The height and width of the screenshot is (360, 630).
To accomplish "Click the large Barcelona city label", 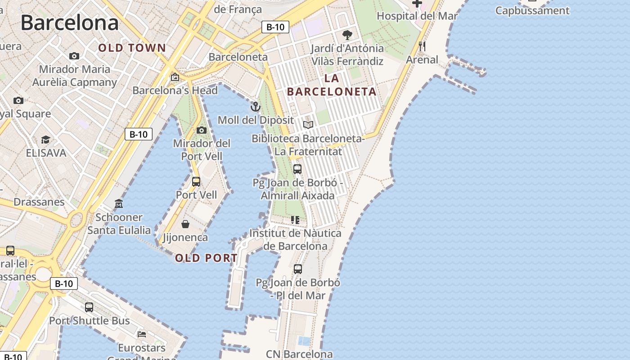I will coord(70,22).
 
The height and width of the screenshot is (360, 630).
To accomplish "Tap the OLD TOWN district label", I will coord(132,48).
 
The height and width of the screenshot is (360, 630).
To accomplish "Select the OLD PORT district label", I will coord(206,258).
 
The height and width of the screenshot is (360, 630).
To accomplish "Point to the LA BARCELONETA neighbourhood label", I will coord(332,85).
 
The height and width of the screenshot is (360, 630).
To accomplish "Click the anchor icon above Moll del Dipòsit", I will coord(256,107).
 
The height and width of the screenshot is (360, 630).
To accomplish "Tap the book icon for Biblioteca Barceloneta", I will coord(308,125).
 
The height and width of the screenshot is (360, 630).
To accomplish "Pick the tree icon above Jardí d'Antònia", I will coord(347,35).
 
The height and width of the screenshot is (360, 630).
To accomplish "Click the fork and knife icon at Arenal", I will coord(422,46).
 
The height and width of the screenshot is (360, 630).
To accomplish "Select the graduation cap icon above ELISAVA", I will coord(45,139).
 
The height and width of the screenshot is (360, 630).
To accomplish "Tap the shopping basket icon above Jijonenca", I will coord(185,224).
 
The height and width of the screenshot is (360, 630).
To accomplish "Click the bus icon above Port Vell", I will coord(196,181).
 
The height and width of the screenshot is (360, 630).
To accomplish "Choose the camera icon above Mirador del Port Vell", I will coord(202,130).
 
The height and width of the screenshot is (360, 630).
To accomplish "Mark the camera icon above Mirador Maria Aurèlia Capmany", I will coord(74,56).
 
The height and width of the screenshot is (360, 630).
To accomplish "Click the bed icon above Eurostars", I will coord(142,334).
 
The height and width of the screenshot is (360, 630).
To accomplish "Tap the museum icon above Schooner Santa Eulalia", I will coord(119,204).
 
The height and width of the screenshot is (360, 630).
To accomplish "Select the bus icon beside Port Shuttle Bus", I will coord(89,307).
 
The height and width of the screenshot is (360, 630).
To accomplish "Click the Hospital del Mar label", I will coord(417,16).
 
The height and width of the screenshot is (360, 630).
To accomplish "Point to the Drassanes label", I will coord(39,202).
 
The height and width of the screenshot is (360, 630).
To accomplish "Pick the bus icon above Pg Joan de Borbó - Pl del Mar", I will coord(298,269).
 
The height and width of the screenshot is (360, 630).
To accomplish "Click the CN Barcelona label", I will coord(299,354).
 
